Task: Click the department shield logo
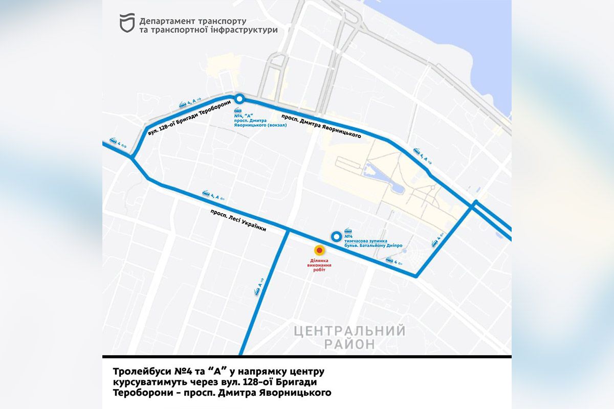127,24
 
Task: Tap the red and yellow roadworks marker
320,251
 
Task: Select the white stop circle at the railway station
238,99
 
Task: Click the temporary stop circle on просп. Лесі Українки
336,236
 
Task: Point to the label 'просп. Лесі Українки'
238,221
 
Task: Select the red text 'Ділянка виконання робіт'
320,266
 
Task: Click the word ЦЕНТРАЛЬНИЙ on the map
350,331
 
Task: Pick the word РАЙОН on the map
349,344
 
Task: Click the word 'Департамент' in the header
165,21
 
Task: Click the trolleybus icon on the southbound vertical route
257,291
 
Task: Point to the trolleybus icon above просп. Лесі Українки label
206,194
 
